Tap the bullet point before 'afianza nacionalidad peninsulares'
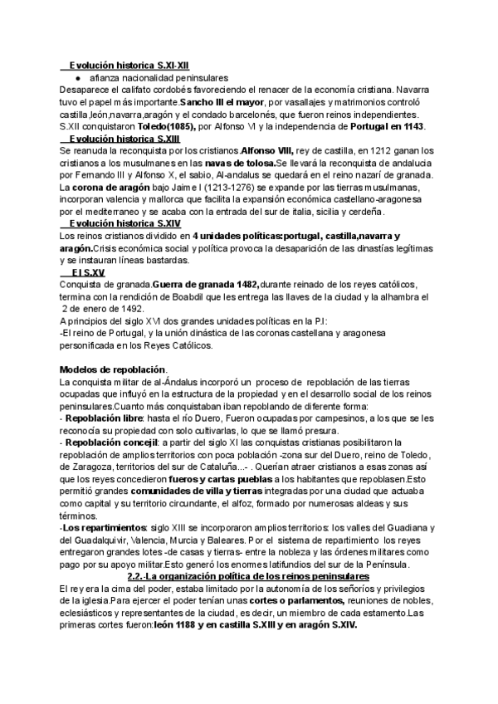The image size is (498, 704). pos(76,76)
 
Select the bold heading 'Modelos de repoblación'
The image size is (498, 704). pos(114,369)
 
